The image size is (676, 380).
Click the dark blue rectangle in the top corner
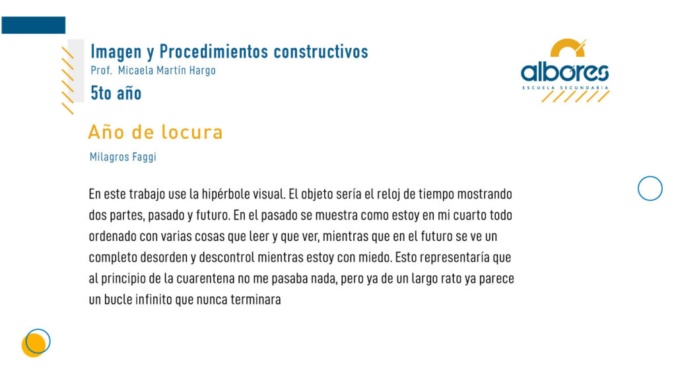[34, 25]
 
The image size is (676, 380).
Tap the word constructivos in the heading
[321, 51]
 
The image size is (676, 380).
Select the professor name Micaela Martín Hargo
[167, 70]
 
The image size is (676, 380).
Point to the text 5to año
[116, 93]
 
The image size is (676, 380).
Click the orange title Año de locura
[155, 132]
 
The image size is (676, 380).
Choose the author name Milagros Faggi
[123, 157]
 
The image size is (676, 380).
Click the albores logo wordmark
[565, 73]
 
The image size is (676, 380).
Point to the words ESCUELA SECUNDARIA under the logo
[565, 88]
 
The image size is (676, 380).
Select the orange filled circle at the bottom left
[33, 346]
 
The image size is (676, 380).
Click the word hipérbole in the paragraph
[226, 195]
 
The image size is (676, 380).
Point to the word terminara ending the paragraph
[255, 300]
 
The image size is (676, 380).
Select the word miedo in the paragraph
[375, 257]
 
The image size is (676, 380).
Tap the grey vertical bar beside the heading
[76, 71]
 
